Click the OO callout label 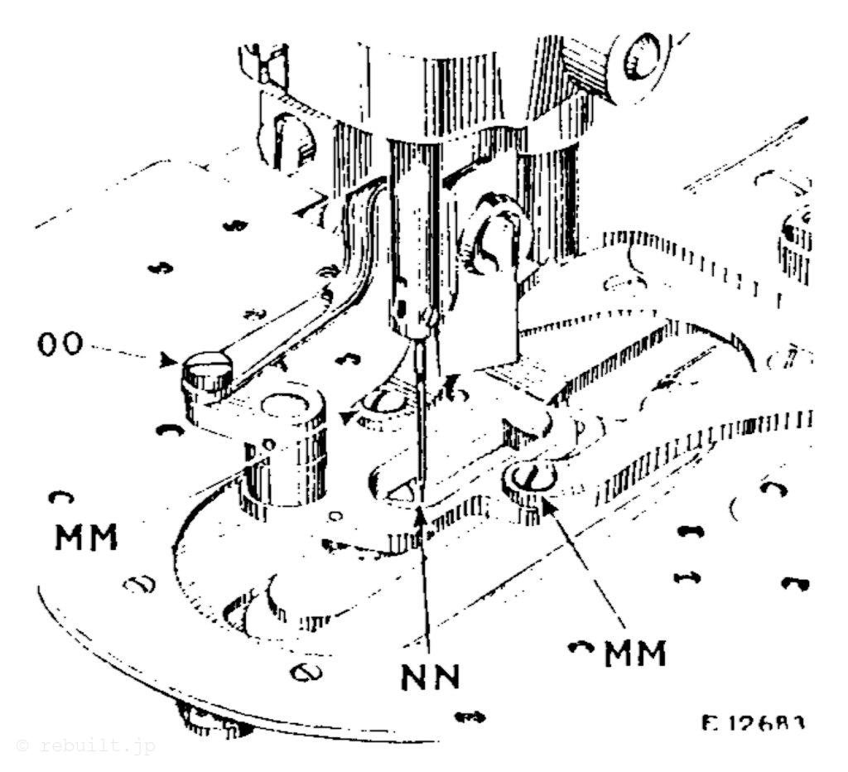[61, 345]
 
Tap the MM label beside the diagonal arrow [634, 654]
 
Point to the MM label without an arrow [87, 538]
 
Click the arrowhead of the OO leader [171, 361]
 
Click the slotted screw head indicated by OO [208, 365]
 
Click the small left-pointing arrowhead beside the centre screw [346, 417]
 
